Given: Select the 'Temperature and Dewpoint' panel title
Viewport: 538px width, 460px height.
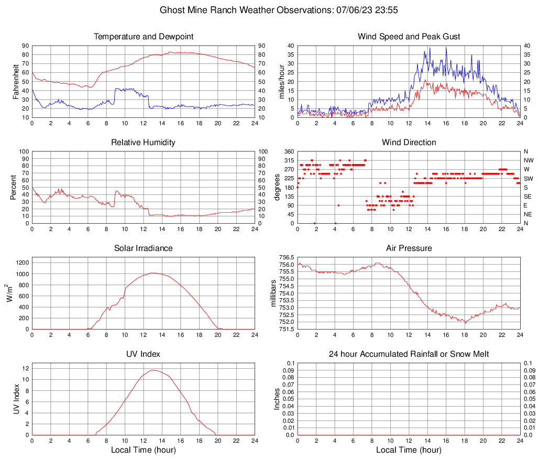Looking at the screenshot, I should (144, 37).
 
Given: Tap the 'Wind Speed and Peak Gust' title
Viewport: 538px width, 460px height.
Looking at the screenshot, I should (409, 37).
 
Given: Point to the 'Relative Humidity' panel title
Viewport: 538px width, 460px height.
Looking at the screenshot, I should (144, 143).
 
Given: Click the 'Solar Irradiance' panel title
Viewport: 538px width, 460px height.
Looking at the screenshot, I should (144, 248).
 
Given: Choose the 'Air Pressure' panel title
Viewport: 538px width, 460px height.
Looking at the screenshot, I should (409, 248).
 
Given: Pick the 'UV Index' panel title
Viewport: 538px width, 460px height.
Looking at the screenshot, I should (144, 354).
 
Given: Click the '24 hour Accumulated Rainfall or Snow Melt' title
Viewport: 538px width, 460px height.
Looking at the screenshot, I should (409, 354).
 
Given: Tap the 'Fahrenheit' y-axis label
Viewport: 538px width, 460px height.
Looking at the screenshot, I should (15, 82).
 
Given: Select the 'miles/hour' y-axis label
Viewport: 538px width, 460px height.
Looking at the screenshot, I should (281, 82).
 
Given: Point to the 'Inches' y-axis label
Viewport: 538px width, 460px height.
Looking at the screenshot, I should (277, 399).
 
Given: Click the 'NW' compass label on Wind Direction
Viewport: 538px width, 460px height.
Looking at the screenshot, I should (529, 160).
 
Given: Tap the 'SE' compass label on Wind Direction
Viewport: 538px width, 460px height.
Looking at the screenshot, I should (528, 196).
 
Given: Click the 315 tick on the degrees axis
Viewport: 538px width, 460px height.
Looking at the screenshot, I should (289, 160).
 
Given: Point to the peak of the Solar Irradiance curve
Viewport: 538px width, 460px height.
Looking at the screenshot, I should (152, 273).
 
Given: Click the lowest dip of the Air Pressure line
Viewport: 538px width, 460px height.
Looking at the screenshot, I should (465, 323).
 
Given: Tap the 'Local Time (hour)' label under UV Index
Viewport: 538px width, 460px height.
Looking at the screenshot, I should (144, 450).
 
